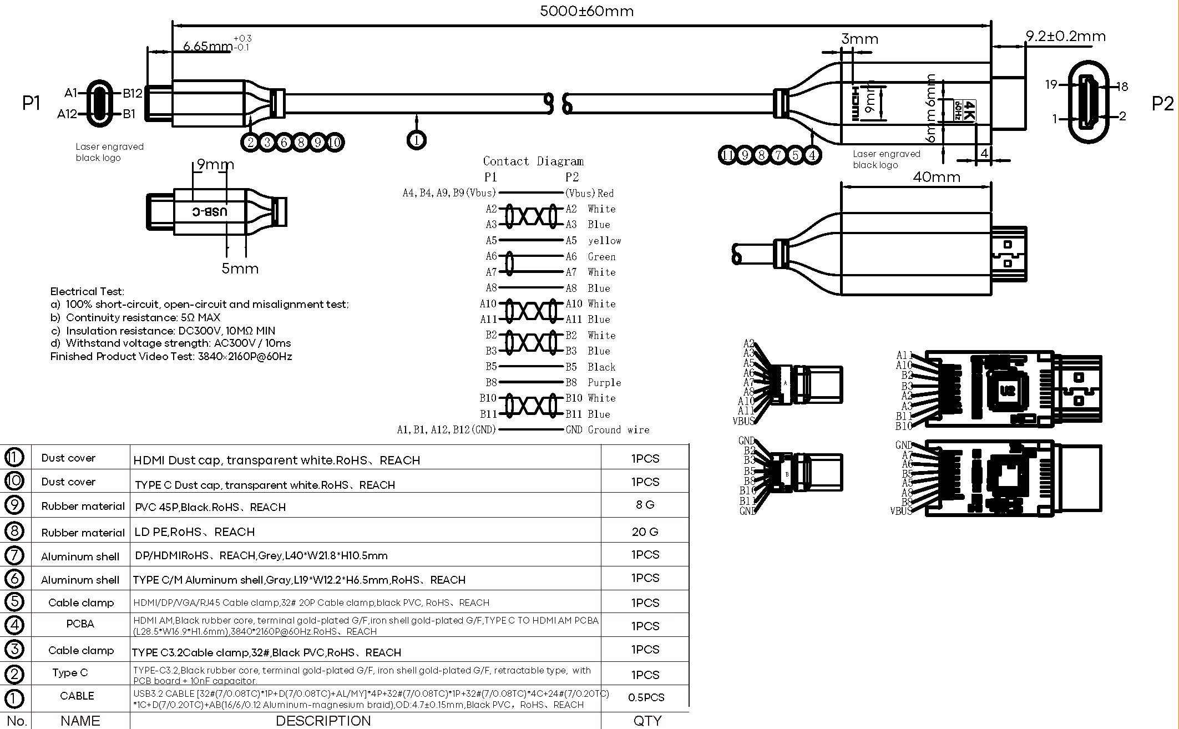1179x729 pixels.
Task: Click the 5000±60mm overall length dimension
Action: [x=586, y=11]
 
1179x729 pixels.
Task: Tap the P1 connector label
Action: [x=31, y=103]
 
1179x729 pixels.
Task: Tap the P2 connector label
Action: [x=1162, y=104]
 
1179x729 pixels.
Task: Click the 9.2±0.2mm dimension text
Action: [x=1065, y=37]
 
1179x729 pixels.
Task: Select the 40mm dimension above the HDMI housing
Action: [x=937, y=177]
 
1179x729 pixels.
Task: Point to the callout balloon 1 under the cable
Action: [x=416, y=140]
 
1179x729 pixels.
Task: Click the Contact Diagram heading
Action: [x=533, y=161]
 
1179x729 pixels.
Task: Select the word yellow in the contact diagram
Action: [x=604, y=241]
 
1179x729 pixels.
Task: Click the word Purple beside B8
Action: [x=604, y=383]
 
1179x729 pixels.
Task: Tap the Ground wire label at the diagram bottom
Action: [x=618, y=430]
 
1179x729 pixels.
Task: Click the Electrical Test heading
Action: [x=87, y=291]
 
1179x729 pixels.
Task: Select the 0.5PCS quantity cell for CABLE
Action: [x=646, y=697]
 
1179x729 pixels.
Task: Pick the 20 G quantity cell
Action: [x=645, y=531]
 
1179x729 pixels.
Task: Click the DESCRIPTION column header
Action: [x=323, y=721]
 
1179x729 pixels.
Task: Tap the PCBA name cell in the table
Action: [x=80, y=624]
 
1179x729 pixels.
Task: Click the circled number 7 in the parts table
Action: [x=14, y=555]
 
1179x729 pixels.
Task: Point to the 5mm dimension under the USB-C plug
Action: [x=240, y=269]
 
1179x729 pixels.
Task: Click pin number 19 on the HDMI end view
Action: [x=1051, y=85]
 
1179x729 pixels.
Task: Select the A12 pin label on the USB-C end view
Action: [x=67, y=114]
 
